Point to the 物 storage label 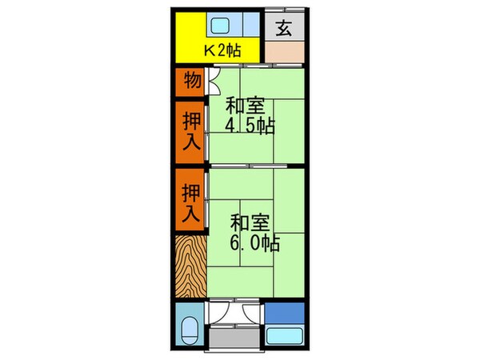click(191, 80)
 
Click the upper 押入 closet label click(191, 130)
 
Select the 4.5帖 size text click(249, 126)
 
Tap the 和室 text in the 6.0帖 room click(248, 222)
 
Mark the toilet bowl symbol click(190, 330)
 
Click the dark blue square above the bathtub click(284, 313)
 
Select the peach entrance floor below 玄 click(284, 53)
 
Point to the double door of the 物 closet click(213, 79)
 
